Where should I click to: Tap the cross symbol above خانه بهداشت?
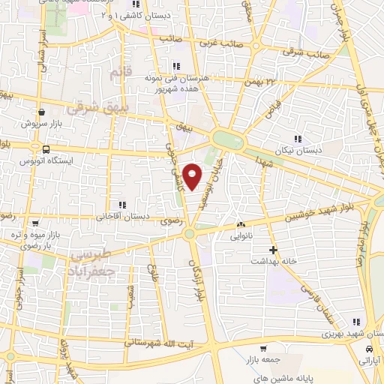tap(273, 249)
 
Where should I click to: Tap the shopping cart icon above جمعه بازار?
tap(263, 348)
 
